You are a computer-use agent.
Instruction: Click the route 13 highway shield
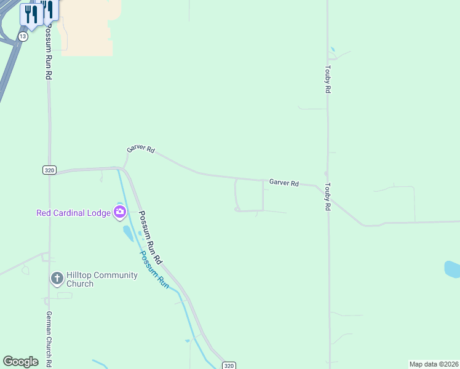[x=23, y=37]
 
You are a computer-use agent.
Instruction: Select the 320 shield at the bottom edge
[x=228, y=365]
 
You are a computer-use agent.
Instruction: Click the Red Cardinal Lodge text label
[x=73, y=213]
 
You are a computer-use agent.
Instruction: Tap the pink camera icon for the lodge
[x=120, y=213]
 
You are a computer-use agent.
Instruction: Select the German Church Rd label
[x=49, y=338]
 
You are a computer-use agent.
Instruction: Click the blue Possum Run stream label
[x=153, y=269]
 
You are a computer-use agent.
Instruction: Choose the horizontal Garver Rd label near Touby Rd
[x=284, y=183]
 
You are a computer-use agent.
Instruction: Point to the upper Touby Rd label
[x=328, y=79]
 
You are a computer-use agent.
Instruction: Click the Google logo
[x=20, y=362]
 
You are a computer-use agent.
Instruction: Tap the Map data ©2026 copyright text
[x=434, y=364]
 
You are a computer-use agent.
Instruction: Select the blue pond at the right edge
[x=452, y=269]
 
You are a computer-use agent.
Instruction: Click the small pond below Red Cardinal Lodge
[x=129, y=233]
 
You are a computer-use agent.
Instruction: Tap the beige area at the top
[x=86, y=28]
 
